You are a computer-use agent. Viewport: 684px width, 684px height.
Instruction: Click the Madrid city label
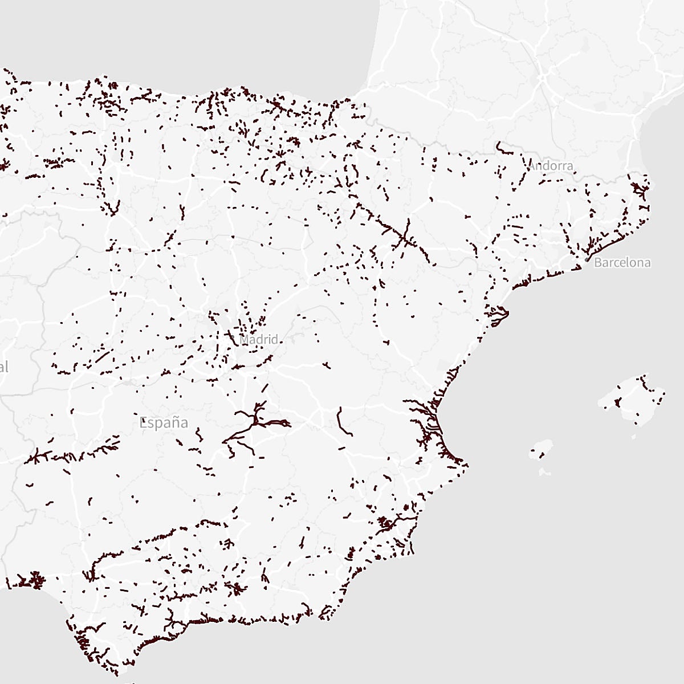tap(259, 340)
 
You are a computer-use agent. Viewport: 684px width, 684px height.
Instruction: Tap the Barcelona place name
tap(622, 263)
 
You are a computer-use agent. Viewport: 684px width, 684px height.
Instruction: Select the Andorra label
tap(551, 166)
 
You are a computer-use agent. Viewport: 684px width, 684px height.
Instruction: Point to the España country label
tap(164, 423)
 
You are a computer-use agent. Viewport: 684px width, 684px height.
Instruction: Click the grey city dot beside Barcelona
tap(587, 260)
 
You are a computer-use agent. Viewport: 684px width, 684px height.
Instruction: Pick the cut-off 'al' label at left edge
tap(3, 367)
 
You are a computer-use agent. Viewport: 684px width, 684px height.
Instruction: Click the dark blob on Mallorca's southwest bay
tap(617, 402)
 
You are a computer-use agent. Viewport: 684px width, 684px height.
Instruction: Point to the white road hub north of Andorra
tap(544, 74)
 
